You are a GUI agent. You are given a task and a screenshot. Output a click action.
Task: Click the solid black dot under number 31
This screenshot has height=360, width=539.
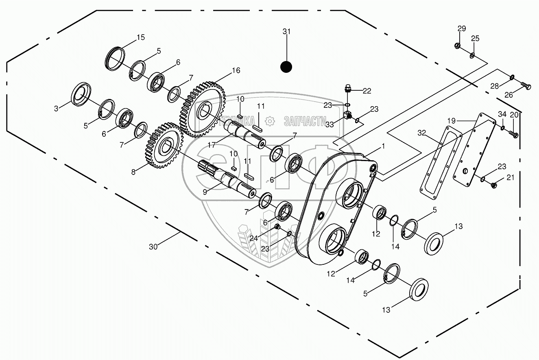pos(287,67)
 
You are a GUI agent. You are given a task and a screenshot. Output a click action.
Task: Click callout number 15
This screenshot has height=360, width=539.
pos(140,37)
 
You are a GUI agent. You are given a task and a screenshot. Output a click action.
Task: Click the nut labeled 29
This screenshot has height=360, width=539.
pos(457,45)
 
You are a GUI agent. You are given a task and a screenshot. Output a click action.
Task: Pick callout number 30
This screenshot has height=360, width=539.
pos(153,246)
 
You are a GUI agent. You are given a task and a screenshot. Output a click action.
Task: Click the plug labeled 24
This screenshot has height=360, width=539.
pos(277,227)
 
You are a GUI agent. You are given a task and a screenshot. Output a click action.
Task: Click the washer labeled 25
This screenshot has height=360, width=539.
pos(472,55)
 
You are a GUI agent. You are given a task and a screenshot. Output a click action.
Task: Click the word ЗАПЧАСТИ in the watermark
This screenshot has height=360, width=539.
pos(305,121)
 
